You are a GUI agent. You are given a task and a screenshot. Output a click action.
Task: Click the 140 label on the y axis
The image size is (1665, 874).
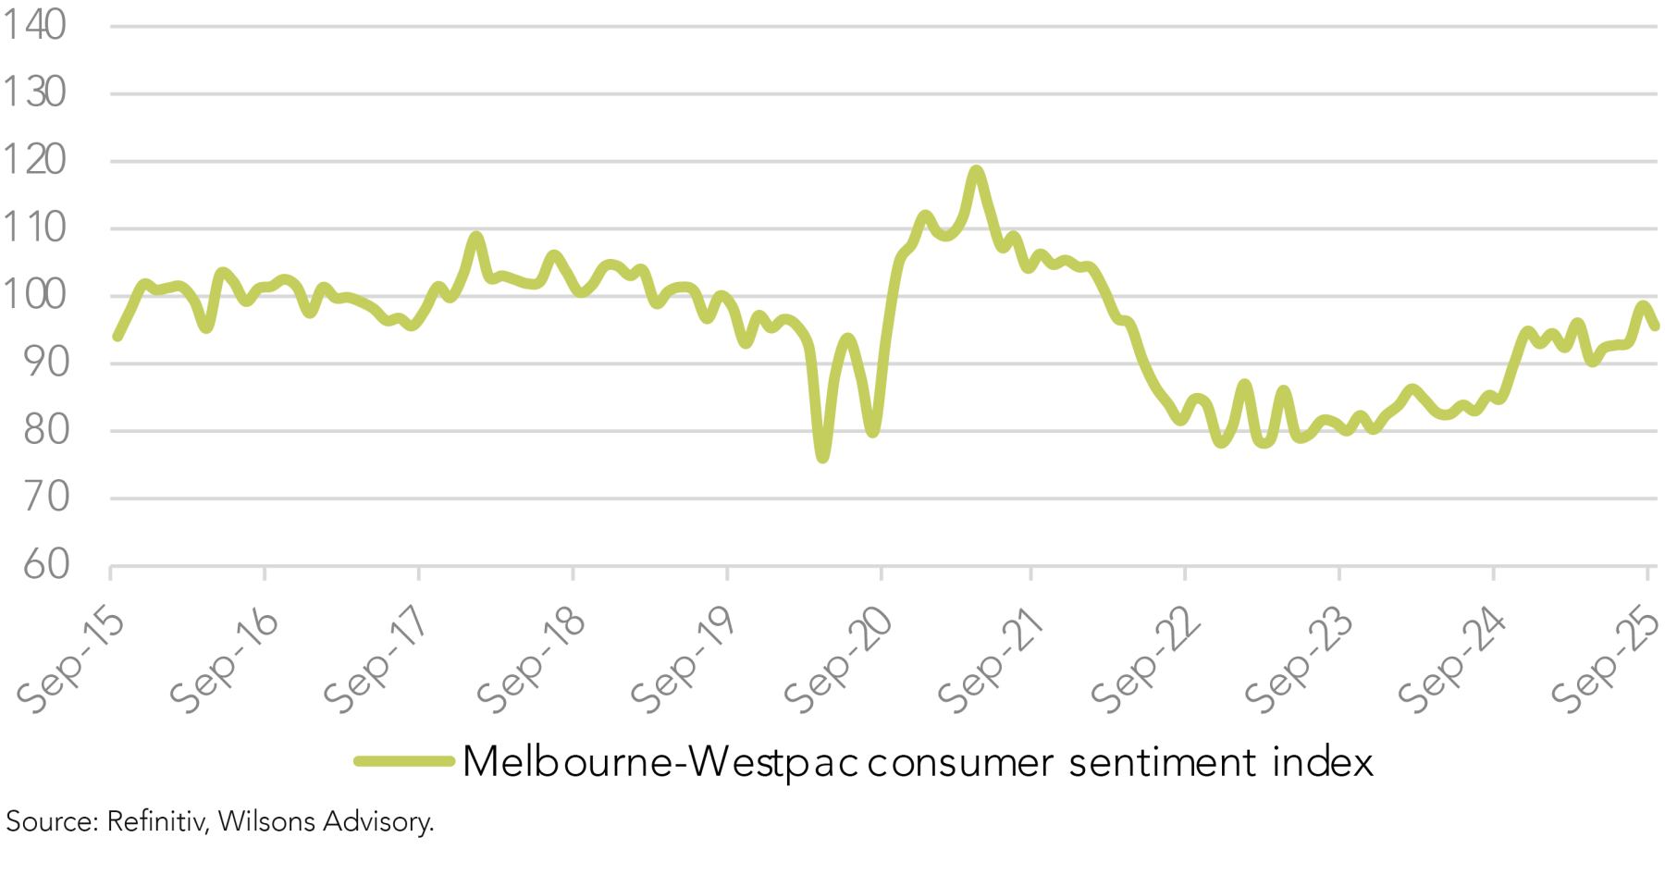pos(34,25)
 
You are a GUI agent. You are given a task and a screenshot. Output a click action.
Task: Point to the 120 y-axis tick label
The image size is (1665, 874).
pos(34,160)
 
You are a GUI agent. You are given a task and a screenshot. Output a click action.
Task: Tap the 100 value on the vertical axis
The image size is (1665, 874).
pos(34,295)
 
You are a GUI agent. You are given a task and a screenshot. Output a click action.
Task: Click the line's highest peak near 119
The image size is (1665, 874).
pos(977,170)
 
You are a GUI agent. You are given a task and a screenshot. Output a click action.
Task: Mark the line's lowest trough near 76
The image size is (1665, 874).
pos(822,457)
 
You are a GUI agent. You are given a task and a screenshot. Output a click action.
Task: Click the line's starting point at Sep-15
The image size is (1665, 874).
pos(117,337)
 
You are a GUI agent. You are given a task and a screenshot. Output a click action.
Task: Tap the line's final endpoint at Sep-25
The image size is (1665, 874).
pos(1655,326)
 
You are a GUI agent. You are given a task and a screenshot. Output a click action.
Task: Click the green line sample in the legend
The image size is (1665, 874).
pos(404,762)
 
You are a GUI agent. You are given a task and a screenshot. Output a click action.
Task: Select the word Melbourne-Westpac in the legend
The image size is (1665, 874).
pos(660,762)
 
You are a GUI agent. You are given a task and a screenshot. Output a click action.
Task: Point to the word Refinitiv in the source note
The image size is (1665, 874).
pos(155,821)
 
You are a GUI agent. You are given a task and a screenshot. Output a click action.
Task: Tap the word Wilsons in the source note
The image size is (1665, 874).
pos(266,821)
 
